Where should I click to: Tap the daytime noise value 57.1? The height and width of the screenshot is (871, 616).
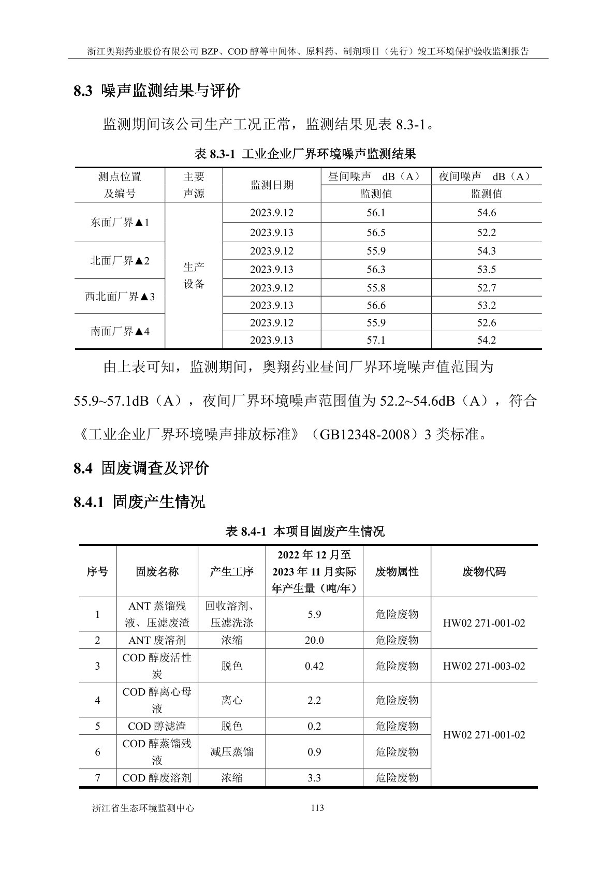(376, 340)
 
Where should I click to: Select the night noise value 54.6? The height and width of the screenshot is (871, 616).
(486, 213)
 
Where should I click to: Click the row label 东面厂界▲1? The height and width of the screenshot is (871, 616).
(120, 223)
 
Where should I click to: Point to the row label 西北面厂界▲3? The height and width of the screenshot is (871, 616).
(120, 297)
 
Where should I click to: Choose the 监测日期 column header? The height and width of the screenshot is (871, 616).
(272, 185)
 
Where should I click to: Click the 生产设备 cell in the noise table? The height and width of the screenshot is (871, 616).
(194, 275)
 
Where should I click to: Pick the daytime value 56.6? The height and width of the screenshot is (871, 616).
(376, 305)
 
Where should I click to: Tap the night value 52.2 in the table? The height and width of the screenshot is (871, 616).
(486, 232)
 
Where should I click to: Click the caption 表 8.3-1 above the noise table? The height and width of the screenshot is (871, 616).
(305, 154)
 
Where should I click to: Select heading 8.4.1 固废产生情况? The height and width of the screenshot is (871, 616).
(139, 501)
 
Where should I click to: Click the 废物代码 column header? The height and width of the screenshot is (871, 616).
(483, 571)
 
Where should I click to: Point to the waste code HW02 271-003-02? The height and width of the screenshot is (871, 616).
(483, 666)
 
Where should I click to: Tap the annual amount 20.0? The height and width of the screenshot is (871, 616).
(314, 640)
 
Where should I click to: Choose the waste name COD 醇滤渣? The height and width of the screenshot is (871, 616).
(157, 726)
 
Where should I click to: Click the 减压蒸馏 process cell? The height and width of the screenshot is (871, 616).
(231, 752)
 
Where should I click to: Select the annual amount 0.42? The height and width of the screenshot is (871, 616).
(314, 666)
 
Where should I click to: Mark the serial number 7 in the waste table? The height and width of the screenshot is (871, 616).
(97, 778)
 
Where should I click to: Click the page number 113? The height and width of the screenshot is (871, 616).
(317, 808)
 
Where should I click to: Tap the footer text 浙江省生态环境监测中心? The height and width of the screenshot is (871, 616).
(143, 808)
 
